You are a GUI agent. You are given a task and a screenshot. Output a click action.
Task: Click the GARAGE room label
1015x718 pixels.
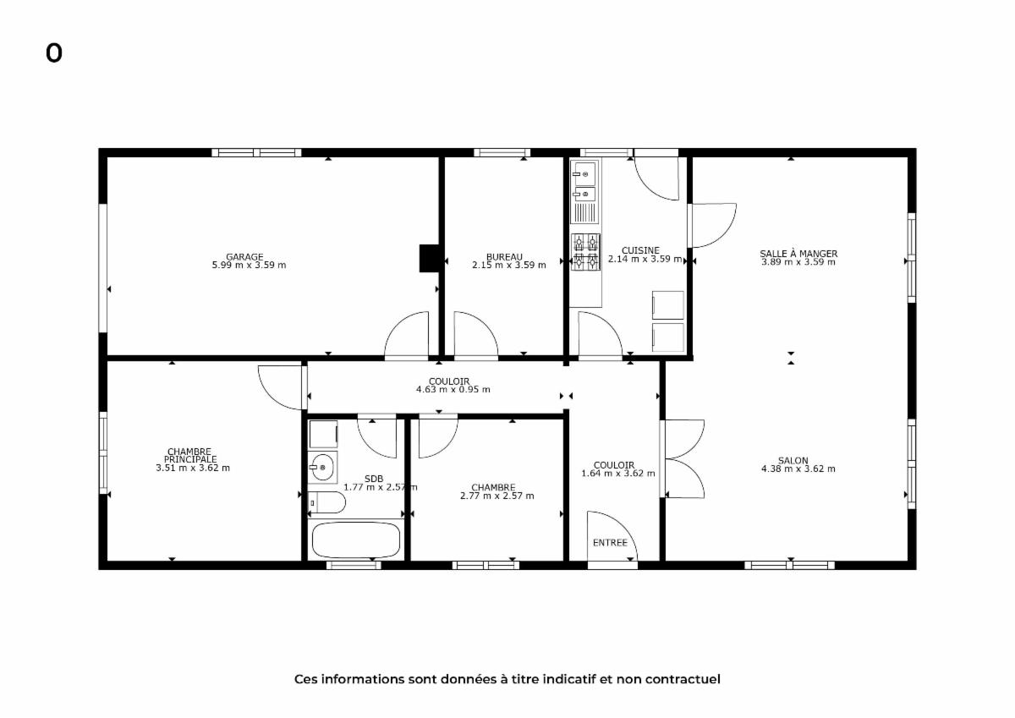pyautogui.click(x=244, y=257)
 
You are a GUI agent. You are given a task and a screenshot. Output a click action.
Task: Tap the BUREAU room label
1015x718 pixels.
pyautogui.click(x=504, y=257)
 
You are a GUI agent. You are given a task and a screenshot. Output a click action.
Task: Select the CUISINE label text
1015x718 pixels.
pyautogui.click(x=640, y=250)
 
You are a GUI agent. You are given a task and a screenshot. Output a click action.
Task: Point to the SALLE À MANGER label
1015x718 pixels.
pyautogui.click(x=798, y=254)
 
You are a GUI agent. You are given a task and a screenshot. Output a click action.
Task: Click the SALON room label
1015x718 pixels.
pyautogui.click(x=793, y=461)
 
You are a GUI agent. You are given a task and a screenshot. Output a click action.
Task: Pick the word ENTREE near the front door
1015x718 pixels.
pyautogui.click(x=610, y=543)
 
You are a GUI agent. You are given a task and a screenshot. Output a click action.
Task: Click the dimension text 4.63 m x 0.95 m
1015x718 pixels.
pyautogui.click(x=453, y=389)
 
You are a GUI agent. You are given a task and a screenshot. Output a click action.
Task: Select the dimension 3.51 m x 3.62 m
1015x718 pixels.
pyautogui.click(x=193, y=468)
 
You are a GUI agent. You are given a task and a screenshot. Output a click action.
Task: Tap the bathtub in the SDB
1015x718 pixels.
pyautogui.click(x=356, y=540)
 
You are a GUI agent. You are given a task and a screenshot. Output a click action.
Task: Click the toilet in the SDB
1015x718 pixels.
pyautogui.click(x=326, y=502)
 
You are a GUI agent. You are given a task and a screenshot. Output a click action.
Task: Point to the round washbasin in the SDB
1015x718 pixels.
pyautogui.click(x=322, y=467)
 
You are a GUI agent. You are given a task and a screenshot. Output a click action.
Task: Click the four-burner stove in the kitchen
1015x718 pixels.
pyautogui.click(x=585, y=252)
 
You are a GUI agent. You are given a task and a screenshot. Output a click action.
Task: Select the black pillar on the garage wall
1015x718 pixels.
pyautogui.click(x=429, y=258)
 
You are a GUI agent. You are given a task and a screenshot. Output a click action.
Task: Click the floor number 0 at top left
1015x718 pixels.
pyautogui.click(x=53, y=53)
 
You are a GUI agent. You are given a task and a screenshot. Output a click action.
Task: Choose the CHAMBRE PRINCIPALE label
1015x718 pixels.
pyautogui.click(x=189, y=455)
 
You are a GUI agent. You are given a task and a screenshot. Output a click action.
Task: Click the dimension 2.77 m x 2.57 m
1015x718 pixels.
pyautogui.click(x=497, y=496)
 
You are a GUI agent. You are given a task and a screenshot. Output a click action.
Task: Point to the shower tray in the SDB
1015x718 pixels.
pyautogui.click(x=323, y=434)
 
